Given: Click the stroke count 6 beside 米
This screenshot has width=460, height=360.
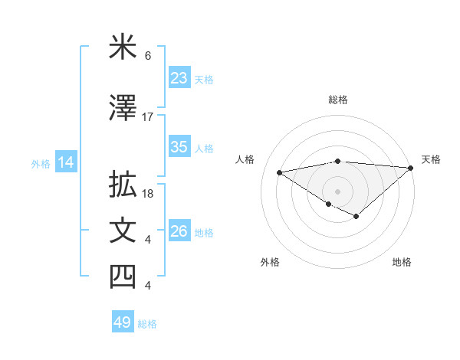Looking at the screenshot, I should (x=148, y=56).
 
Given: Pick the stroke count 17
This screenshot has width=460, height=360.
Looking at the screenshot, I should (x=148, y=117).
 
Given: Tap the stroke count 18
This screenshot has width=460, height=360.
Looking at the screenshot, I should (x=149, y=194).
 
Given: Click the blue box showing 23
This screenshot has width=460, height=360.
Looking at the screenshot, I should (x=179, y=78).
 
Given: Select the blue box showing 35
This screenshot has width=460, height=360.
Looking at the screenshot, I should (x=179, y=147).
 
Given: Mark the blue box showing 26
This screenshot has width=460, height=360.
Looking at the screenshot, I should (x=179, y=231).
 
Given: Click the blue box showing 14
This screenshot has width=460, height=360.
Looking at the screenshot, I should (x=65, y=162).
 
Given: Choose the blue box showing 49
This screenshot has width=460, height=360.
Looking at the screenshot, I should (x=123, y=322).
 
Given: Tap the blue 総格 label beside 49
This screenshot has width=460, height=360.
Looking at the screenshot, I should (x=148, y=324).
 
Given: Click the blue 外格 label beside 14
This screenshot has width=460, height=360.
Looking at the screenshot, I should (x=41, y=163).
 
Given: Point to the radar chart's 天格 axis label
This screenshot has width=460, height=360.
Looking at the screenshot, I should (x=431, y=159).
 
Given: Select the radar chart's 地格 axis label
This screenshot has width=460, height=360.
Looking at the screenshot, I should (x=402, y=262).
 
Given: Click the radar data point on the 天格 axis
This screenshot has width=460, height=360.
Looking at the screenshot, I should (x=411, y=167).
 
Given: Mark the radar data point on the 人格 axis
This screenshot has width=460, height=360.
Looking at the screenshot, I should (x=279, y=172).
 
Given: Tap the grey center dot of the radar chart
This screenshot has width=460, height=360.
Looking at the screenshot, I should (x=337, y=191).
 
